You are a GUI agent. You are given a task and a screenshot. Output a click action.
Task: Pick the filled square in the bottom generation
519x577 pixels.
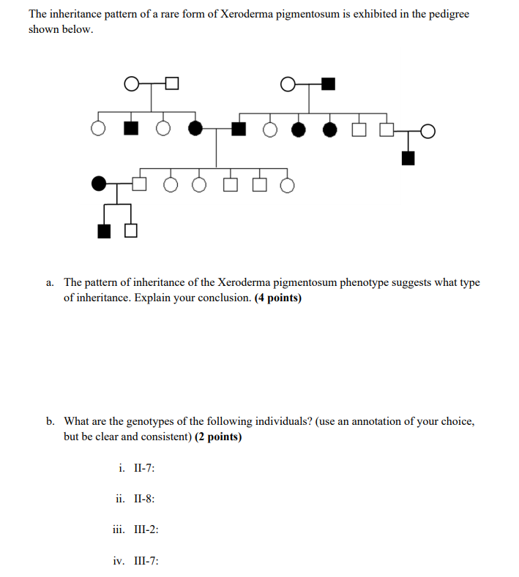(x=105, y=232)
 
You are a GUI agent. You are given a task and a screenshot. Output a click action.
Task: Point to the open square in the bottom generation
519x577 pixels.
(x=130, y=232)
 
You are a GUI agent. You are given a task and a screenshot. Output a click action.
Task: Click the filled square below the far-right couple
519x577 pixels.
(x=408, y=156)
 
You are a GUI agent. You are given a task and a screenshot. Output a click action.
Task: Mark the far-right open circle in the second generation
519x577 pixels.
(x=428, y=131)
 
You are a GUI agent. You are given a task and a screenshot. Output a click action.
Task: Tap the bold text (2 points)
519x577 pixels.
(x=219, y=437)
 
